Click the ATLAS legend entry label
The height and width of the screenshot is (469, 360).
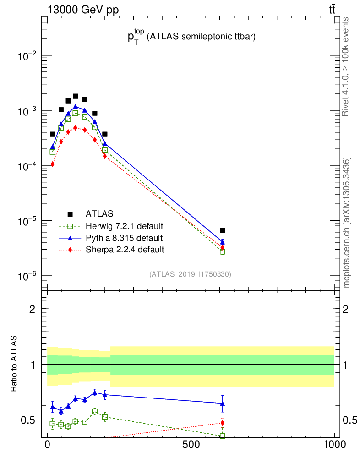[x=99, y=213]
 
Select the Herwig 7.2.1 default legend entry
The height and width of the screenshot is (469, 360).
[x=124, y=226]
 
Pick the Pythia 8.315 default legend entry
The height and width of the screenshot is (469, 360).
[x=124, y=238]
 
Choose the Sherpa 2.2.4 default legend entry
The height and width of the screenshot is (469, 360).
[x=124, y=250]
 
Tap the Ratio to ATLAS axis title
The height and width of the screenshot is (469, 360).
[x=15, y=365]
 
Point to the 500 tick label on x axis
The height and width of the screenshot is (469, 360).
[x=191, y=445]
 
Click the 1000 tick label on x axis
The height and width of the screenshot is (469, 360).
[x=334, y=445]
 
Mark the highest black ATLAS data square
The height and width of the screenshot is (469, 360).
[x=76, y=97]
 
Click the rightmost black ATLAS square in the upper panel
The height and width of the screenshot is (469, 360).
[x=223, y=230]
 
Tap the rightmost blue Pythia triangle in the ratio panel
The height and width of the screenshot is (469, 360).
[x=223, y=404]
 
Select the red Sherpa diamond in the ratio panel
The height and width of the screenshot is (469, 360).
[x=223, y=423]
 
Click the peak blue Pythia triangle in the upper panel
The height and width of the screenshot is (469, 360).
[x=76, y=107]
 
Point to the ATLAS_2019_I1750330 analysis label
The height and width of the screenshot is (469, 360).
[x=190, y=274]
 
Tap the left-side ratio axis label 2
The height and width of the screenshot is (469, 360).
[x=32, y=309]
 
